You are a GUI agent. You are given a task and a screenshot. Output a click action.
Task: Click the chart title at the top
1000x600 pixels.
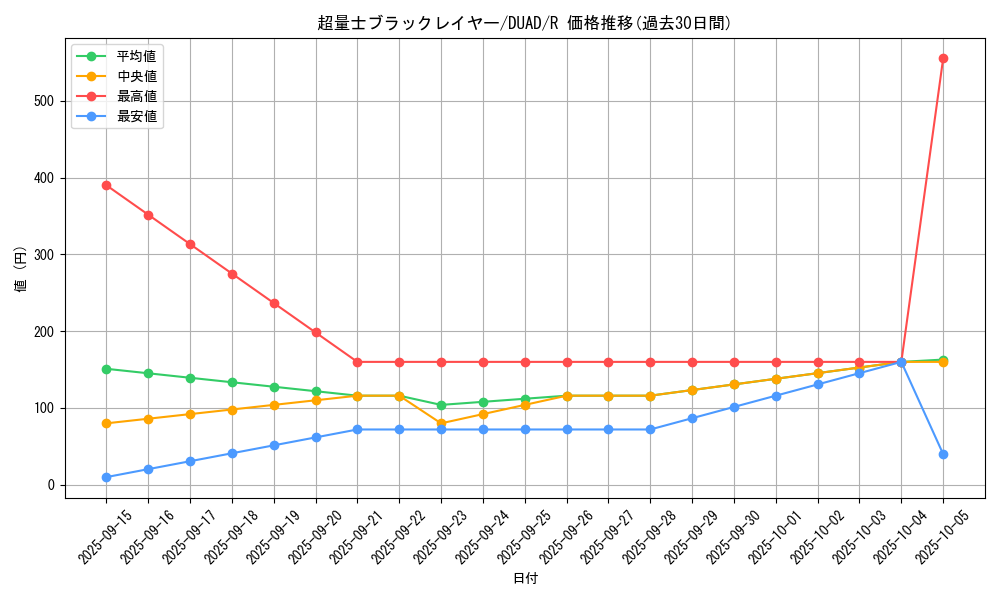524,23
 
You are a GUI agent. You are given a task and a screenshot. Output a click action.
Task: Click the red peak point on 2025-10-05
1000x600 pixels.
943,58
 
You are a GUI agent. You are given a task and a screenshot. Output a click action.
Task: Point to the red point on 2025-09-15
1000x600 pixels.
106,185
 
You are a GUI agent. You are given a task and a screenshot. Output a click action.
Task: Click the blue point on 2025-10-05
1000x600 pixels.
943,454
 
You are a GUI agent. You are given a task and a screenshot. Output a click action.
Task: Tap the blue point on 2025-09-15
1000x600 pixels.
106,477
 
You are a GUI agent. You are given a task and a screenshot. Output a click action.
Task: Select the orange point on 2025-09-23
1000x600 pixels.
441,423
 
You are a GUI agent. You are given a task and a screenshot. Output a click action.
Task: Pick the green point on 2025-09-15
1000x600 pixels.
106,369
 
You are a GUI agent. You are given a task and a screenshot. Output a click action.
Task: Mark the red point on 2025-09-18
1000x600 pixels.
232,274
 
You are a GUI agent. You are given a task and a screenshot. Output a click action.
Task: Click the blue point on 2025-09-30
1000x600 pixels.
734,407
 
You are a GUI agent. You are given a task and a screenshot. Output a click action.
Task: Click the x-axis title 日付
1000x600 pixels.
524,579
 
